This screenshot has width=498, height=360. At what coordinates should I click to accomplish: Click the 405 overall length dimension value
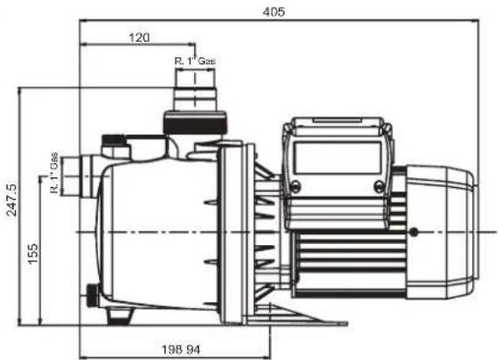pos(273,12)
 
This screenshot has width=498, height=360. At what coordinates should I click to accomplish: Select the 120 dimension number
pos(139,37)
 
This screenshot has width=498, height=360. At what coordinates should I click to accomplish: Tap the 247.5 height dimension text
pos(12,200)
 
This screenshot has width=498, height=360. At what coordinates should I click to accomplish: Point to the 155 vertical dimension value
pos(32,253)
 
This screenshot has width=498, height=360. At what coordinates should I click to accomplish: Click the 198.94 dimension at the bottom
pos(182,350)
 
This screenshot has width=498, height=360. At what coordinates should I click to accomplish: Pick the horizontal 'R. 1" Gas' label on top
pos(195,61)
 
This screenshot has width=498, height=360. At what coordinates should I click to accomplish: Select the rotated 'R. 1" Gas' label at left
pos(54,173)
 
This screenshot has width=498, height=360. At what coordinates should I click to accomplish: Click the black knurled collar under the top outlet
pos(194,122)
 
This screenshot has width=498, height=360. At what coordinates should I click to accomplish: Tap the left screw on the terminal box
pos(295,185)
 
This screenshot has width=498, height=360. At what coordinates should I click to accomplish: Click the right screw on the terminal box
pos(379,185)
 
